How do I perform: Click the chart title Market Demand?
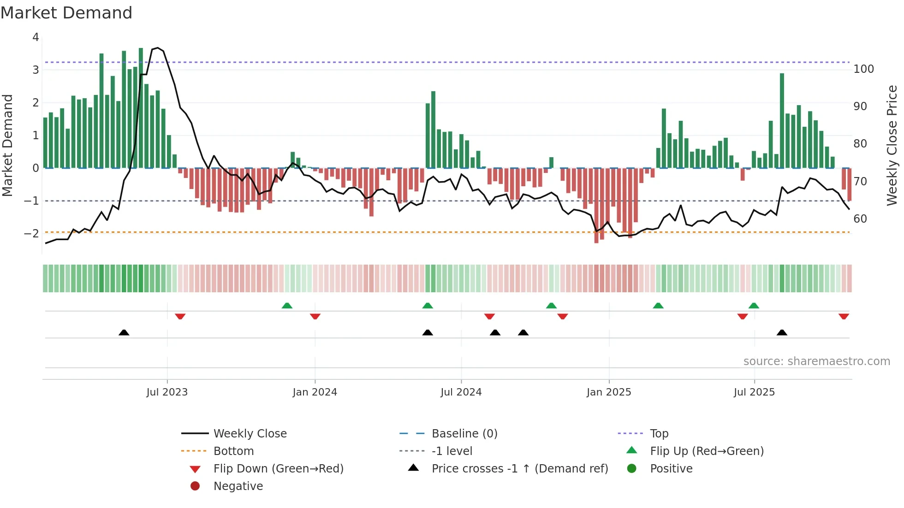tap(66, 13)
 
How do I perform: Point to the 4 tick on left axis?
tap(36, 37)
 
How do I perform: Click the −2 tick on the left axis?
tap(32, 234)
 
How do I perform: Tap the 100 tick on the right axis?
tap(863, 69)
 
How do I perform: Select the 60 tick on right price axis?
tap(860, 219)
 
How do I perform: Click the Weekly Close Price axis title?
tap(892, 145)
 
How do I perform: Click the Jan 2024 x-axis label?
tap(315, 392)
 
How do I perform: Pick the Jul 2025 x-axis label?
tap(754, 392)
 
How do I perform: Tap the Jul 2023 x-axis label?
tap(167, 392)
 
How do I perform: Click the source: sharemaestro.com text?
tap(816, 361)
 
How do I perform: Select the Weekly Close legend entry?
tap(250, 434)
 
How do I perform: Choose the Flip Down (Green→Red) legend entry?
tap(278, 469)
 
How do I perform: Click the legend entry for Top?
tap(659, 434)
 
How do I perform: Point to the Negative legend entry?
tap(238, 486)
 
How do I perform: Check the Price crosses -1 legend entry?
tap(519, 469)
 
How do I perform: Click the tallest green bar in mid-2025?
tap(782, 120)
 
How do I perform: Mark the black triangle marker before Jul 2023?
tap(124, 333)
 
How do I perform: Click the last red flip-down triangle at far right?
tap(844, 316)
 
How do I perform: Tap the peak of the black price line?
tap(158, 48)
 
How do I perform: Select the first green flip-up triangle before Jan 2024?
tap(287, 306)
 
